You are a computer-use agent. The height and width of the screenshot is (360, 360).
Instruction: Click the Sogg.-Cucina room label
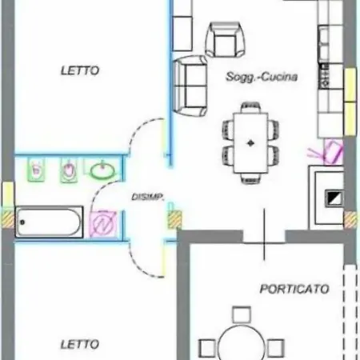(x=262, y=77)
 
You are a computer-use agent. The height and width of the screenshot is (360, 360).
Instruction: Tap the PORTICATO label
(x=294, y=289)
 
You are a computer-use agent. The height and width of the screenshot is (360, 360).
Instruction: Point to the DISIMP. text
(x=147, y=197)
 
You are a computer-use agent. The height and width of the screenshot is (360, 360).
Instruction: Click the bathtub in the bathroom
(x=49, y=222)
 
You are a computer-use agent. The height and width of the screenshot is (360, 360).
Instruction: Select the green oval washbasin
(x=102, y=170)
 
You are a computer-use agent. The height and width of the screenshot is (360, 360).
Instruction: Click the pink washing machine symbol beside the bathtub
(x=103, y=224)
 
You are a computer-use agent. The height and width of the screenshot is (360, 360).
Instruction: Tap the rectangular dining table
(x=250, y=143)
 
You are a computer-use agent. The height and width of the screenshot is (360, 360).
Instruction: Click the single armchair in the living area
(x=225, y=40)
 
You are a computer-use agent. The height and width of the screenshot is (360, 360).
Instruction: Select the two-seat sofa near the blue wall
(x=190, y=86)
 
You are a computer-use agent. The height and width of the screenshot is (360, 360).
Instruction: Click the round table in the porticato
(x=242, y=344)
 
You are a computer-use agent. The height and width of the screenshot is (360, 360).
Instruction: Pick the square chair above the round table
(x=242, y=314)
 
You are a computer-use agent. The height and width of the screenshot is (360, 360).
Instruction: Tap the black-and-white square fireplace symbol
(x=334, y=198)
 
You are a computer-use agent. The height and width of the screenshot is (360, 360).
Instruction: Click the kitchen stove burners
(x=324, y=76)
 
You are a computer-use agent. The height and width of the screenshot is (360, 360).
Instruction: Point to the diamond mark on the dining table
(x=250, y=143)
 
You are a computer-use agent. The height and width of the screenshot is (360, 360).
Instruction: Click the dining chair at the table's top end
(x=250, y=107)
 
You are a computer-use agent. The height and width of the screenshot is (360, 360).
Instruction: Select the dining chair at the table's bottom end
(x=250, y=178)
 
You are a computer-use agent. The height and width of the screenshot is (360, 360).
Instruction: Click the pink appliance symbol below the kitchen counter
(x=333, y=151)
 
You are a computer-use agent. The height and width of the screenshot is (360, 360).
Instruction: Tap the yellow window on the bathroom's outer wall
(x=8, y=194)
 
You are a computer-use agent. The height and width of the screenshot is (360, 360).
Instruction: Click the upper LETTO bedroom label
(x=80, y=70)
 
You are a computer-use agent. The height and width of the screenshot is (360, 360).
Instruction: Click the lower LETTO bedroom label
(x=80, y=344)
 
